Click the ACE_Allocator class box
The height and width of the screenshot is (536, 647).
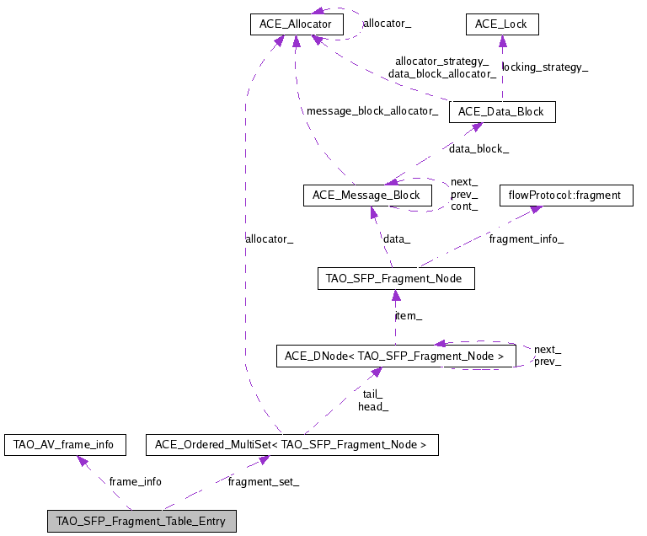(x=297, y=24)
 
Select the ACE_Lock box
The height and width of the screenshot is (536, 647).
(x=501, y=24)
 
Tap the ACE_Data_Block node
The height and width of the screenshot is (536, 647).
(x=502, y=112)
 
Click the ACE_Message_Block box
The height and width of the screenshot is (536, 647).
(x=366, y=196)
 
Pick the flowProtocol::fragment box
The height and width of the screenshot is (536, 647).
(x=565, y=196)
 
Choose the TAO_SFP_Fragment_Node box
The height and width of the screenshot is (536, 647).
(x=395, y=278)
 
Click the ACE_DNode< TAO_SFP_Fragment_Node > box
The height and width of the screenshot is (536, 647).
(x=394, y=356)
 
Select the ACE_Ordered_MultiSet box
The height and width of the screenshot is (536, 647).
(x=292, y=443)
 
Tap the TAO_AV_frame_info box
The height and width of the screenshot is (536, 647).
(x=65, y=443)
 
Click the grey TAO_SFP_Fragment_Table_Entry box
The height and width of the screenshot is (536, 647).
(x=141, y=521)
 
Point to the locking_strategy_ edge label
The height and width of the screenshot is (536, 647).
(x=544, y=67)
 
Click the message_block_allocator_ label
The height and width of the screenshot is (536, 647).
(x=372, y=111)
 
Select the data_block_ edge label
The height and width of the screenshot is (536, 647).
(x=478, y=148)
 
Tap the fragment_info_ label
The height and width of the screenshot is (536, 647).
(x=527, y=239)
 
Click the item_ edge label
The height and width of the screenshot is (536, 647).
(x=409, y=315)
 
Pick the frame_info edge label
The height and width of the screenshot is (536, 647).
(x=135, y=481)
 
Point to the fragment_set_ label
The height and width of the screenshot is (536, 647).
(x=263, y=481)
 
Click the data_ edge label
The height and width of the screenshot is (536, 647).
(x=397, y=239)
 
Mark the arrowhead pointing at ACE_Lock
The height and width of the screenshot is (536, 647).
(x=502, y=40)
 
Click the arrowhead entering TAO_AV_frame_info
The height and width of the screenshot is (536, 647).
(x=83, y=460)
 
